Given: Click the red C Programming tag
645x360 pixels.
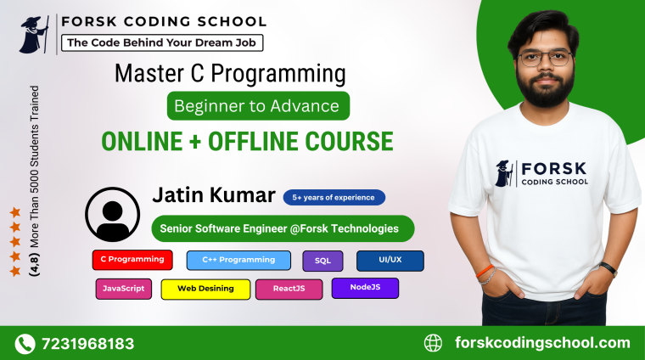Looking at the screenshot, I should [x=133, y=260].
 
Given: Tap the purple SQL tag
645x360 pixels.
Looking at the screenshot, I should [x=322, y=261].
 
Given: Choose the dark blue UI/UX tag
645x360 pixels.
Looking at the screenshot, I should [x=390, y=261].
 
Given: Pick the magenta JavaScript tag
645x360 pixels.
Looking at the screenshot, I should [x=123, y=289].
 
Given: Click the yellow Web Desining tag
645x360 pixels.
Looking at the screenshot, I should [x=205, y=289].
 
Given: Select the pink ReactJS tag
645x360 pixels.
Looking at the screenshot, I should [x=289, y=289].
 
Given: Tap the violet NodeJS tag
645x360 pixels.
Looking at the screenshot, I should [x=365, y=288].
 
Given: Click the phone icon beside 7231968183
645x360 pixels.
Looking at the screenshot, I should [x=25, y=344].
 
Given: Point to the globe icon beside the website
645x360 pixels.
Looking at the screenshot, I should [x=433, y=343].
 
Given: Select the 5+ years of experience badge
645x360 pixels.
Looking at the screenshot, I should [x=334, y=198].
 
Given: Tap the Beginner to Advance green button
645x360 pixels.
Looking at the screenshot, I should [x=258, y=106].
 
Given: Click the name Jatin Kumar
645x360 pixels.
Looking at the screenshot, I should [x=213, y=195].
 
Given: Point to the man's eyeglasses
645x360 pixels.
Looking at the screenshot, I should [x=546, y=59].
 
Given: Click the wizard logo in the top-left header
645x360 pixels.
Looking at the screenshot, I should [x=35, y=34].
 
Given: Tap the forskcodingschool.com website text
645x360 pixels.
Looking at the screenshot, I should [x=542, y=343].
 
